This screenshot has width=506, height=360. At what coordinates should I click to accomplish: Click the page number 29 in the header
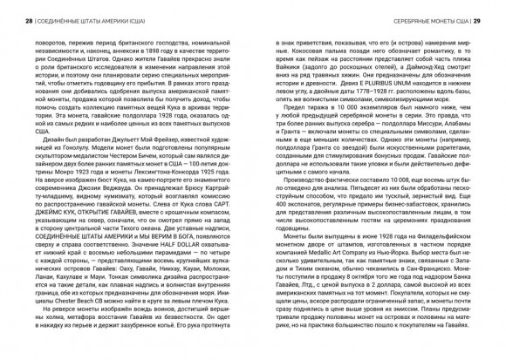pyautogui.click(x=478, y=10)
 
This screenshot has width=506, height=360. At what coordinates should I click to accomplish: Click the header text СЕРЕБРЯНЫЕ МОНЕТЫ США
pyautogui.click(x=418, y=10)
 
